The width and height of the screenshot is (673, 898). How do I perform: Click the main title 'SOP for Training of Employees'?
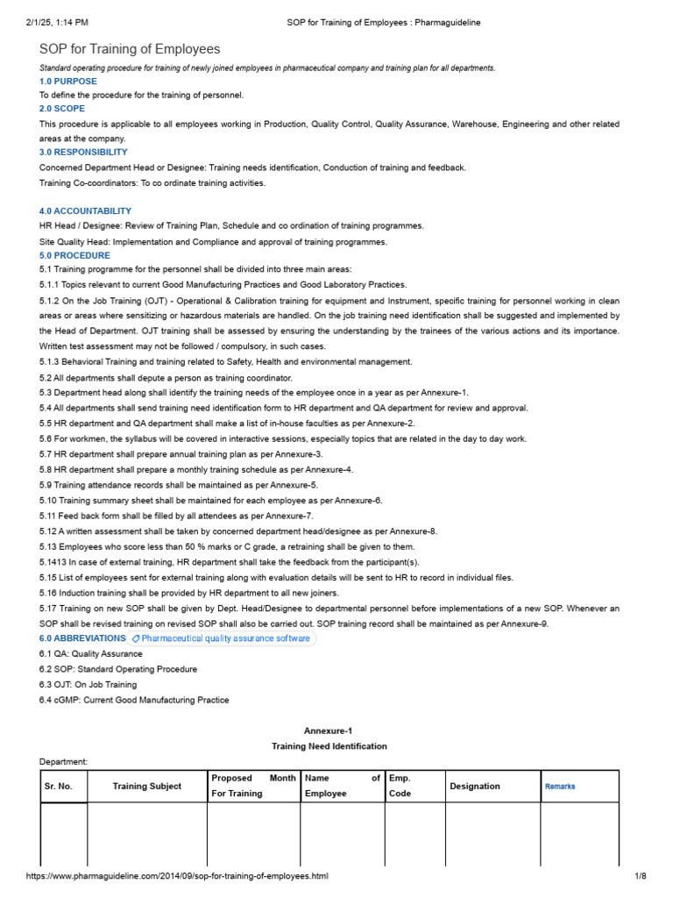(x=130, y=49)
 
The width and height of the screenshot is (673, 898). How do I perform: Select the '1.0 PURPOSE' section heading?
(x=68, y=82)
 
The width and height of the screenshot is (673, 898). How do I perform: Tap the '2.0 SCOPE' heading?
(x=62, y=109)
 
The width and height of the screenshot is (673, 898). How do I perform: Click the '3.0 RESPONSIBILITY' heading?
(x=83, y=153)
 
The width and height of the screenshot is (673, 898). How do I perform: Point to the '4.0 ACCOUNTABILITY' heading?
(x=86, y=211)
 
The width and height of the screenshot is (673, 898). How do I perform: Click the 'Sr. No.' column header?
(x=59, y=787)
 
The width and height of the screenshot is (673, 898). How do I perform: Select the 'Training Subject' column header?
(x=147, y=787)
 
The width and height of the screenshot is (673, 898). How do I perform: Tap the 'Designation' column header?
(x=475, y=787)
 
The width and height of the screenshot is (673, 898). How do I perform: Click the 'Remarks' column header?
(x=560, y=787)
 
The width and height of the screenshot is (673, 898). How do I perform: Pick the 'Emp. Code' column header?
(x=400, y=786)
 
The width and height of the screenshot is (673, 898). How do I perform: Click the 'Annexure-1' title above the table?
(x=329, y=731)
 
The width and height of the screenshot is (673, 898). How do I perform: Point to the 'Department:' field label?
(x=64, y=762)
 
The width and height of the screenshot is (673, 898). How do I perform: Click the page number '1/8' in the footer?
(x=640, y=876)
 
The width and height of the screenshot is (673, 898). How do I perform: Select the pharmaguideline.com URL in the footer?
(x=177, y=876)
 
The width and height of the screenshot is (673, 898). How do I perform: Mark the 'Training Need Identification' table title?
(x=329, y=746)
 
